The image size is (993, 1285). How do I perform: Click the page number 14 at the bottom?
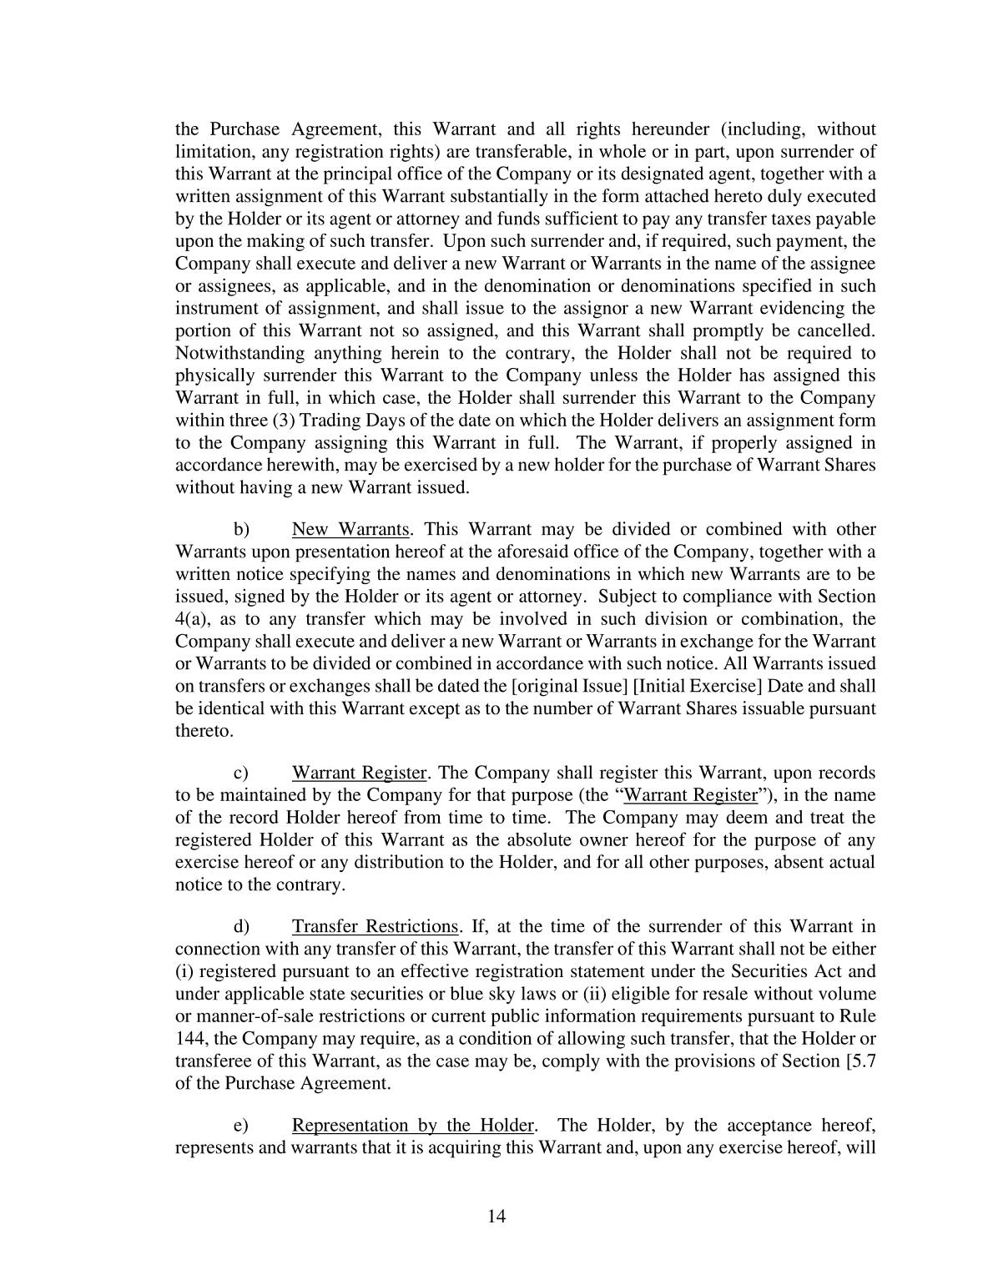coord(496,1216)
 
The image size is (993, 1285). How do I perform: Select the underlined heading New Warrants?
coord(350,530)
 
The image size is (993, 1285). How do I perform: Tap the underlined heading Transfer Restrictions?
coord(375,927)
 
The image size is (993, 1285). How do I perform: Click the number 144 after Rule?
coord(189,1040)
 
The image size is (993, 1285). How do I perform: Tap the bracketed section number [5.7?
coord(860,1061)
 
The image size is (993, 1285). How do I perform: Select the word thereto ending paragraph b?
coord(200,731)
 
